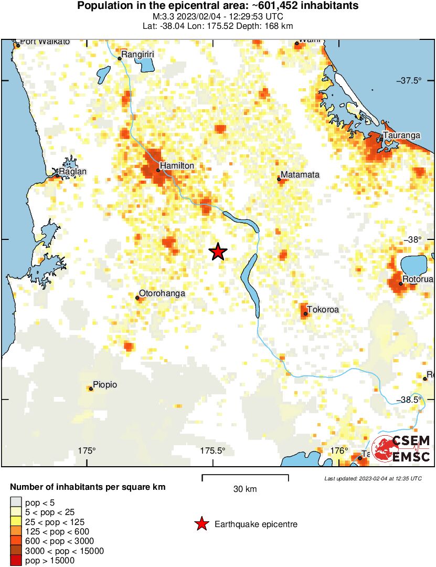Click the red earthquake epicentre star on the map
pyautogui.click(x=218, y=252)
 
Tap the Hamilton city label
pyautogui.click(x=177, y=166)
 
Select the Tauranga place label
pyautogui.click(x=401, y=135)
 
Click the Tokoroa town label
pyautogui.click(x=323, y=310)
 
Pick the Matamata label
pyautogui.click(x=300, y=175)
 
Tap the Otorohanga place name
pyautogui.click(x=162, y=293)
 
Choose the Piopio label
pyautogui.click(x=105, y=385)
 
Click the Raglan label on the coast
pyautogui.click(x=73, y=172)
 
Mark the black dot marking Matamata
pyautogui.click(x=279, y=180)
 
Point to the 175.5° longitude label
pyautogui.click(x=212, y=450)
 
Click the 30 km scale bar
pyautogui.click(x=245, y=478)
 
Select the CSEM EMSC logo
pyautogui.click(x=401, y=449)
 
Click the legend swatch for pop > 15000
pyautogui.click(x=16, y=561)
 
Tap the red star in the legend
pyautogui.click(x=201, y=524)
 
